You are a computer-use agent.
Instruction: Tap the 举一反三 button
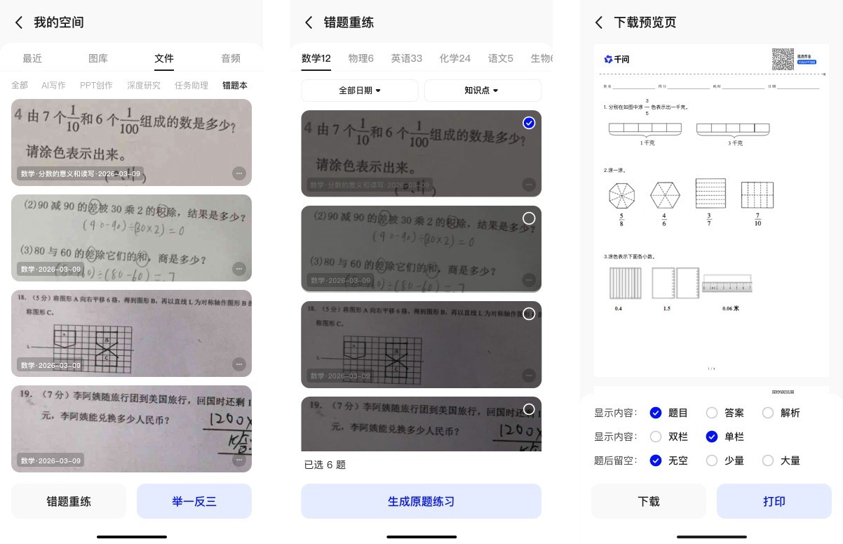(194, 501)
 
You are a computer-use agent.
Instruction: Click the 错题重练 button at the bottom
(69, 501)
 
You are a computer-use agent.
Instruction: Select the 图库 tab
(98, 58)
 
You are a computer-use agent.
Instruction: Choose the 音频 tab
(231, 58)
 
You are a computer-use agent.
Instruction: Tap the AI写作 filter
(53, 85)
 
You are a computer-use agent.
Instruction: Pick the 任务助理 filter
(191, 85)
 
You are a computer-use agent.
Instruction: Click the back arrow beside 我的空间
(19, 22)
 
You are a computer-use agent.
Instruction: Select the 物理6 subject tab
(361, 58)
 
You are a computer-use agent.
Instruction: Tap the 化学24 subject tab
(455, 58)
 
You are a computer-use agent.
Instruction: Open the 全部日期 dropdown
(360, 91)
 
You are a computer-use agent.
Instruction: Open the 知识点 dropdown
(483, 91)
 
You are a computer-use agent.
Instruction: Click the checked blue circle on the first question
(529, 123)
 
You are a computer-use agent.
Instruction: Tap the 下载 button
(649, 501)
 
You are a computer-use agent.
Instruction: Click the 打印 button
(774, 501)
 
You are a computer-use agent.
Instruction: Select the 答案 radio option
(712, 413)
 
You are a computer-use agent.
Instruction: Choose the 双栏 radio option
(656, 437)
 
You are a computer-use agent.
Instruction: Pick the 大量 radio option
(768, 460)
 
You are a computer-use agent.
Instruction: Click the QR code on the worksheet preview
(783, 59)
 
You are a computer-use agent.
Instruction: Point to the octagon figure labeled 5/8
(621, 195)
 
